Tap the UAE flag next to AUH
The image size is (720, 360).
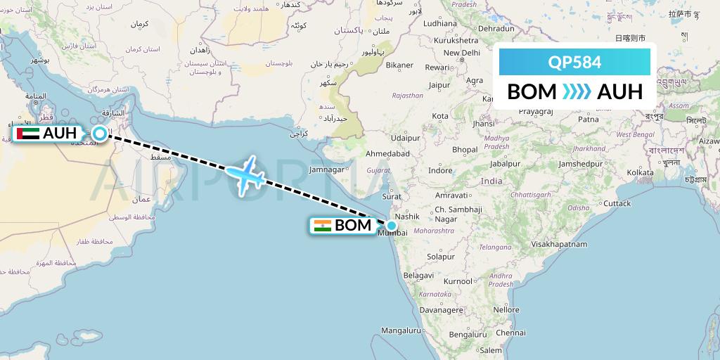coord(27,134)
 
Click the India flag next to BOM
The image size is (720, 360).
coord(323,226)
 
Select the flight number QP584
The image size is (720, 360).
coord(574,62)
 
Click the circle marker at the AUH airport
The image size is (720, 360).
coord(100,134)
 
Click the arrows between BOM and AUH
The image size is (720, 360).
coord(577,91)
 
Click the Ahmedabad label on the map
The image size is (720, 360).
coord(387,153)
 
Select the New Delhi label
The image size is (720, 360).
coord(461,53)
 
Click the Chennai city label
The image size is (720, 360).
coord(491,333)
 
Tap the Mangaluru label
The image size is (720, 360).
coord(400,330)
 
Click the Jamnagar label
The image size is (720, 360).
coord(326,169)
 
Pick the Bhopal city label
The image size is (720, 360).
coord(465,149)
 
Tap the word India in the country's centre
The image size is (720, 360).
coord(491,181)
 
